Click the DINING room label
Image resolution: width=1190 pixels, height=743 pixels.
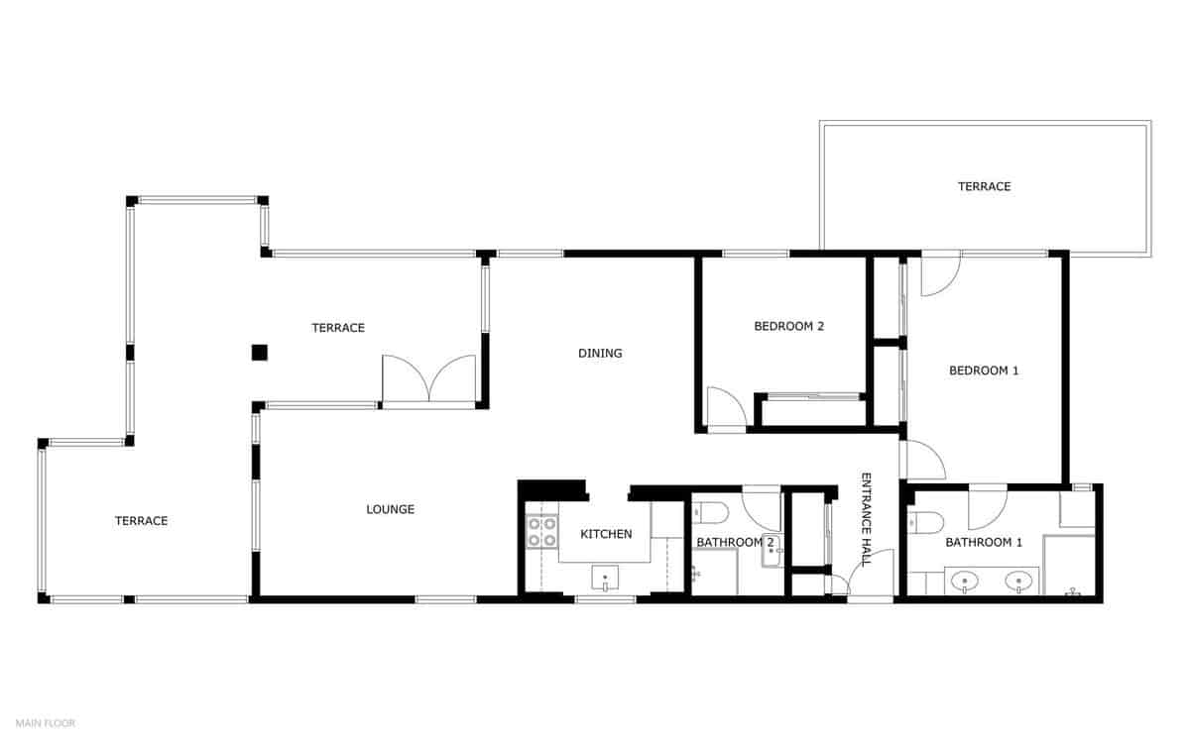click(600, 354)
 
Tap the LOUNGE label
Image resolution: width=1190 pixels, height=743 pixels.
click(390, 510)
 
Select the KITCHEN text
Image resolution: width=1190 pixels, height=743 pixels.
click(606, 535)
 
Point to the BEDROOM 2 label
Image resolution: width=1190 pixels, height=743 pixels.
click(789, 326)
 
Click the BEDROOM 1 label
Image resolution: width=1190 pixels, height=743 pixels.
click(984, 371)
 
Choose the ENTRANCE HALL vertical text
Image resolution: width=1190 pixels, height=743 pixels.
click(866, 518)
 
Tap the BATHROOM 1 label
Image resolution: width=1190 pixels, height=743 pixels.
click(984, 543)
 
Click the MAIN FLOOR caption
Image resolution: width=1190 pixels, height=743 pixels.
click(46, 723)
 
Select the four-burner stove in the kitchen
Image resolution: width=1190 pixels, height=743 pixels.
click(541, 532)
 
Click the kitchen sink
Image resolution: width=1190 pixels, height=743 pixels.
click(605, 577)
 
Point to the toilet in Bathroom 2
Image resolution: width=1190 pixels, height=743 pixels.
click(711, 512)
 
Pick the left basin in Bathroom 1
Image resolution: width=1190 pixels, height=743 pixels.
click(962, 582)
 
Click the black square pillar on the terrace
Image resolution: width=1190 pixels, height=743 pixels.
click(259, 352)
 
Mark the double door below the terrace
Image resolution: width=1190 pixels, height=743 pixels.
click(428, 381)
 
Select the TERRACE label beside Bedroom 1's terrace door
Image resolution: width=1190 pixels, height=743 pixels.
click(984, 186)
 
